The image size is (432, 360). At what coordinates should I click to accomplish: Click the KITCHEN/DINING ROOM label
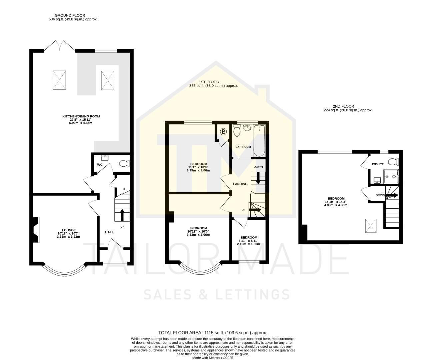coord(81,116)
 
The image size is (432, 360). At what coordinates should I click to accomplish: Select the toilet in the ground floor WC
coord(125,164)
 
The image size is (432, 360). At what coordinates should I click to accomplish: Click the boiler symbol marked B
coord(223,132)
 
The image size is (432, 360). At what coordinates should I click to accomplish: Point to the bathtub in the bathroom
coord(259,141)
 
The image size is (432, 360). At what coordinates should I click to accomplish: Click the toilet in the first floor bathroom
coord(237,131)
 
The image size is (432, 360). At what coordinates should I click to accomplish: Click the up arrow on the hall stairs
coord(122,215)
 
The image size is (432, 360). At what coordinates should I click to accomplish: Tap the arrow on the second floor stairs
coord(392,195)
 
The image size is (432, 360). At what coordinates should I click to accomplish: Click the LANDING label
coord(240,184)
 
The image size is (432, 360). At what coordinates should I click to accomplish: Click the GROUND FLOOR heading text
coord(70,15)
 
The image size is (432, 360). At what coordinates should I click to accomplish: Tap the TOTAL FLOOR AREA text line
coord(212,333)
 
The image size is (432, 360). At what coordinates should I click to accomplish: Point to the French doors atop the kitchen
coord(60,46)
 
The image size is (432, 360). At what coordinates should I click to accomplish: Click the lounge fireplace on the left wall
coord(36,230)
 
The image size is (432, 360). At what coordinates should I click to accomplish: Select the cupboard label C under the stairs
coord(124,189)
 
